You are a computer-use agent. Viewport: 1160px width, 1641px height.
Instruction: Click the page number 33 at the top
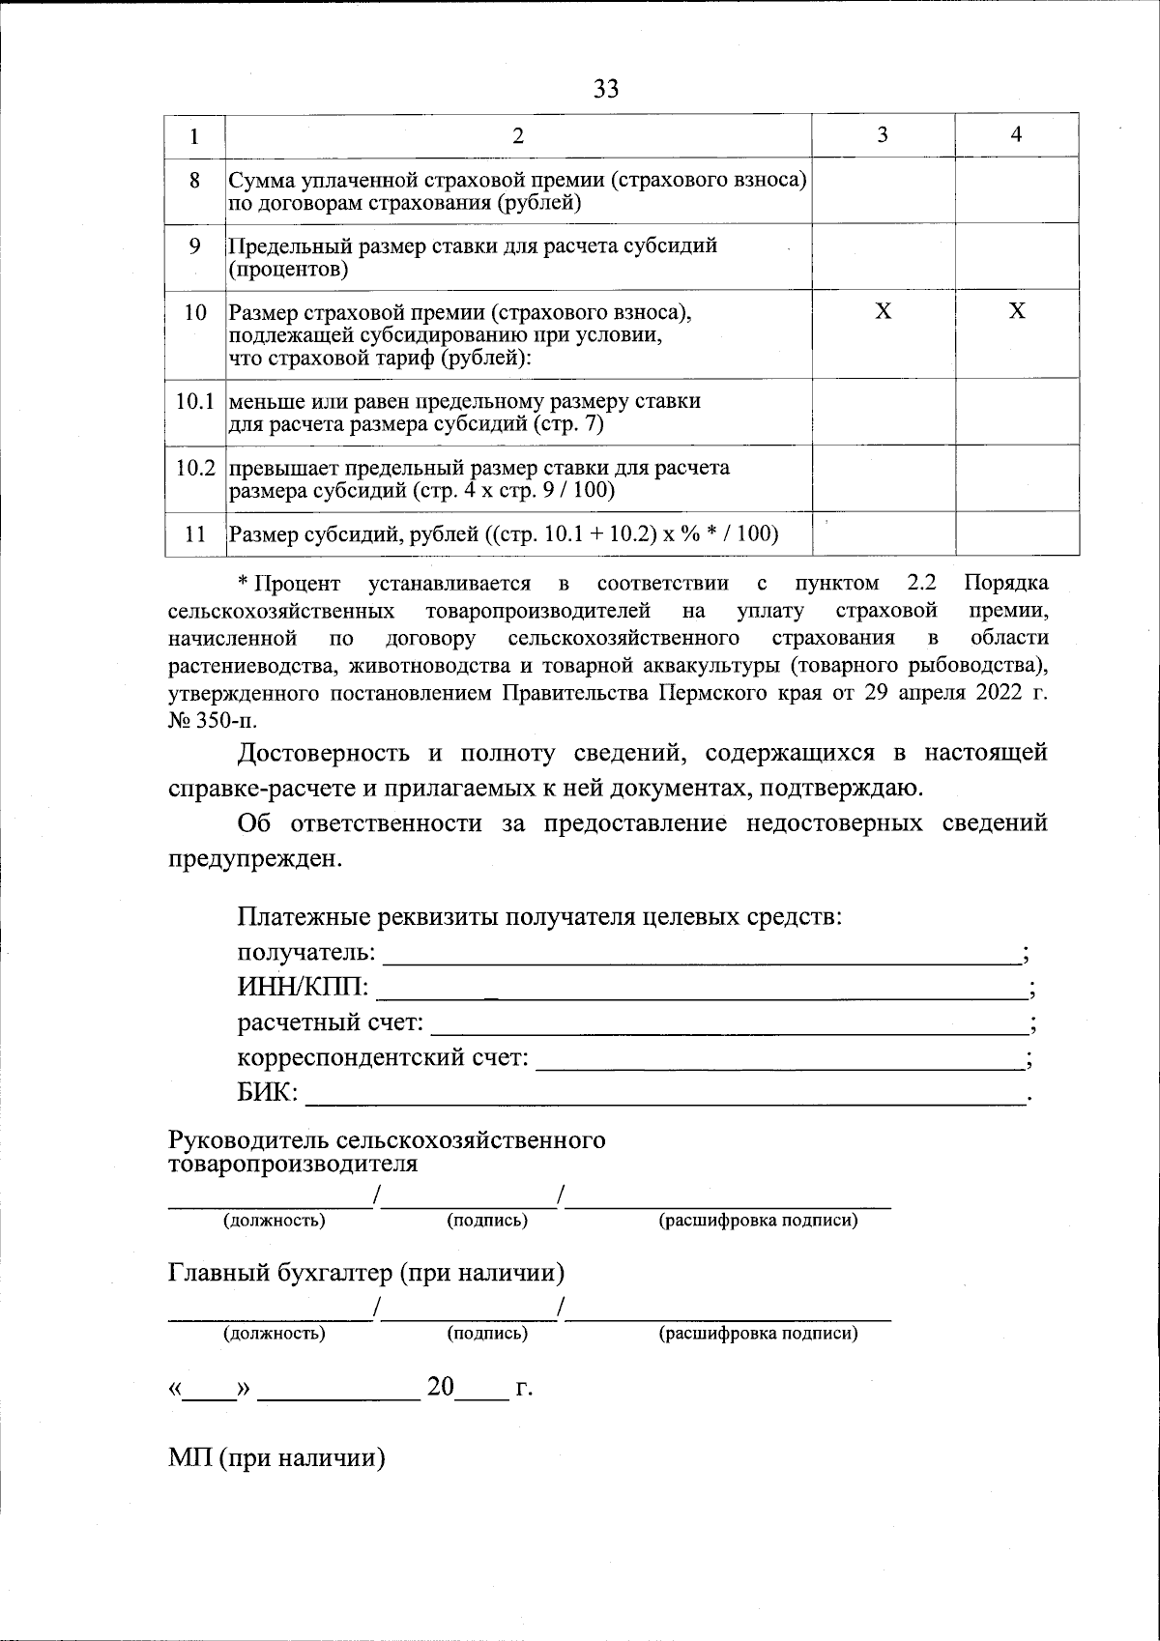tap(606, 90)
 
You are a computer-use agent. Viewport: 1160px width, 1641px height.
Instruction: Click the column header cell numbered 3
tap(883, 135)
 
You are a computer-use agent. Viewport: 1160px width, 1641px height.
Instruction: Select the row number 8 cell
tap(194, 180)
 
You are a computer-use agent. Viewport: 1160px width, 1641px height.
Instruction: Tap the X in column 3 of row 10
tap(883, 311)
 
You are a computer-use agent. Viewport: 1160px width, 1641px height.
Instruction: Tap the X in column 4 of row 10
tap(1017, 311)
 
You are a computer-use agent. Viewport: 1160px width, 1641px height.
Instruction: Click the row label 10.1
tap(194, 401)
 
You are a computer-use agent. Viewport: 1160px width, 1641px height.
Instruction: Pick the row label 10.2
tap(194, 469)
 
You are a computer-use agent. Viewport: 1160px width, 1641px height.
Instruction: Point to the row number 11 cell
tap(194, 533)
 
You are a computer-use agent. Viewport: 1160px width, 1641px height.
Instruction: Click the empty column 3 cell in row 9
tap(883, 256)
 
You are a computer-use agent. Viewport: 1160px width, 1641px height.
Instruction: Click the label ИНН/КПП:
tap(303, 988)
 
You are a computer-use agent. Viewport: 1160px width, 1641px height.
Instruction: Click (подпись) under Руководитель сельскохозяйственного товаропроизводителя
tap(487, 1221)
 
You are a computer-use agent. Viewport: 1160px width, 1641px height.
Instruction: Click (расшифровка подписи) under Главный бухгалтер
tap(758, 1335)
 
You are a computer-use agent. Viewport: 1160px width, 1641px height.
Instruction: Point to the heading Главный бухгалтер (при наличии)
tap(366, 1272)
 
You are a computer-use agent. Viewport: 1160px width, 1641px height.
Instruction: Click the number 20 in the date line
tap(441, 1388)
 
